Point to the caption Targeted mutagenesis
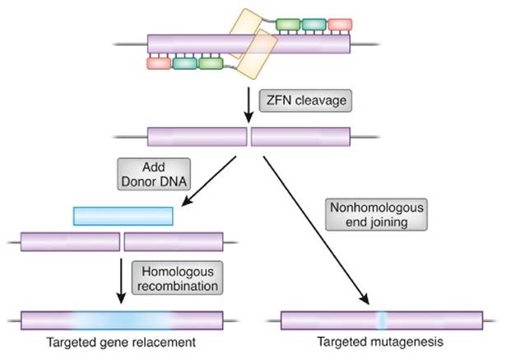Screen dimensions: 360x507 tap(382, 341)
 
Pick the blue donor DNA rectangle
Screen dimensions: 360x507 tap(123, 216)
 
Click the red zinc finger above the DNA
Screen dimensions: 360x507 tap(340, 25)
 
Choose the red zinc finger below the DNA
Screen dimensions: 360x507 tap(159, 63)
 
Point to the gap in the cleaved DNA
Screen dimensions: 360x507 tap(249, 136)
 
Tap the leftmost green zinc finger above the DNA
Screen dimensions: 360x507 tap(287, 25)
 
